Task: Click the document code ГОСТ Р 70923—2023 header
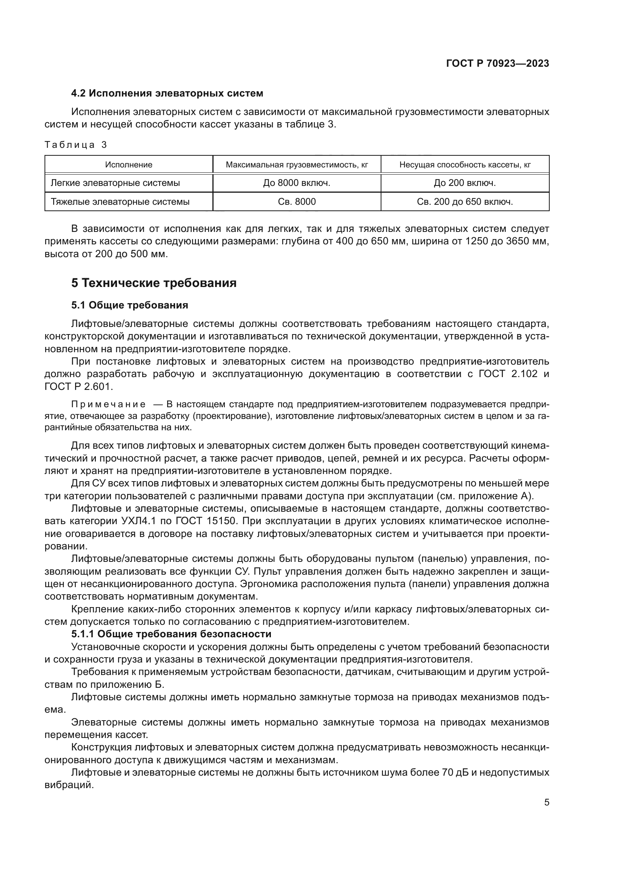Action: [497, 63]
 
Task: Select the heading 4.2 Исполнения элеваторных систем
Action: [167, 93]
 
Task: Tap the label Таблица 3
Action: [76, 145]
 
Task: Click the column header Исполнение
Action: [129, 165]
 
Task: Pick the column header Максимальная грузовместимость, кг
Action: [297, 165]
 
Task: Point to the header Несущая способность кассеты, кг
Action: [465, 165]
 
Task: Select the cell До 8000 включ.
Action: [297, 183]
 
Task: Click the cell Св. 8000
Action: [297, 202]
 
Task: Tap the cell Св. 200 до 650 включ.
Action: [465, 202]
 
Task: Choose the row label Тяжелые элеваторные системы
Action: [120, 202]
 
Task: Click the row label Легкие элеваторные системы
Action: [115, 183]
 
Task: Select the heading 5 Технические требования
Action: [154, 283]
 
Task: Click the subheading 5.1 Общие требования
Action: [129, 305]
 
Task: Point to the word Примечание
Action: [108, 405]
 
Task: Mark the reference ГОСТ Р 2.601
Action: [79, 387]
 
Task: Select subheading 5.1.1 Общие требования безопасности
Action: [171, 634]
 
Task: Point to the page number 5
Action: [547, 802]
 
